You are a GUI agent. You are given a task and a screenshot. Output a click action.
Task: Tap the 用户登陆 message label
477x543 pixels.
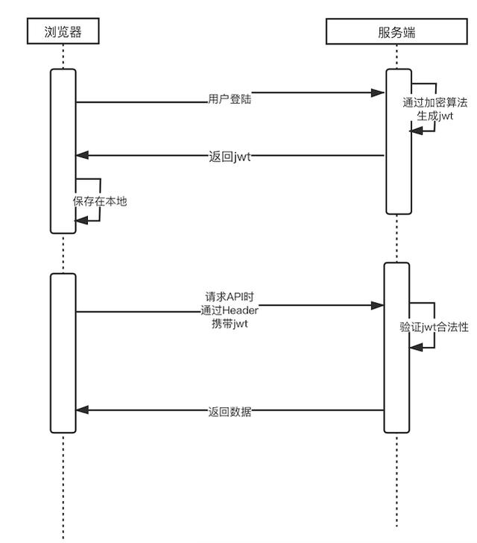tap(230, 98)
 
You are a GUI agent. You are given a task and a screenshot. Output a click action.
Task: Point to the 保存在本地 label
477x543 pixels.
tap(100, 200)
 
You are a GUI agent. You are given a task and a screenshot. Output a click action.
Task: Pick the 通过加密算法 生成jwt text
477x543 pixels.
tap(435, 110)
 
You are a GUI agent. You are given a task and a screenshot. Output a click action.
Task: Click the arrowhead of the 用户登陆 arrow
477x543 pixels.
tap(379, 93)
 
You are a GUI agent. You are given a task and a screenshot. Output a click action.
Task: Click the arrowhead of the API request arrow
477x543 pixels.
tap(379, 305)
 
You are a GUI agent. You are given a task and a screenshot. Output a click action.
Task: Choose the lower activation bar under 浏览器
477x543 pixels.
tap(63, 353)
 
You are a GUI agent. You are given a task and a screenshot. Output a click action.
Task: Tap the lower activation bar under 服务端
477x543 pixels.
tap(397, 348)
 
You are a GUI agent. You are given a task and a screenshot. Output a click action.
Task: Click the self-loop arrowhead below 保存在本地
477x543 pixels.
tap(81, 219)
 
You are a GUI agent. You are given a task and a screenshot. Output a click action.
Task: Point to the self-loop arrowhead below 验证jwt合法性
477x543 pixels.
tap(415, 346)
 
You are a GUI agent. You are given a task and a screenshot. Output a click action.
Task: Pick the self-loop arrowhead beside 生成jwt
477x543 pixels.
tap(414, 130)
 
